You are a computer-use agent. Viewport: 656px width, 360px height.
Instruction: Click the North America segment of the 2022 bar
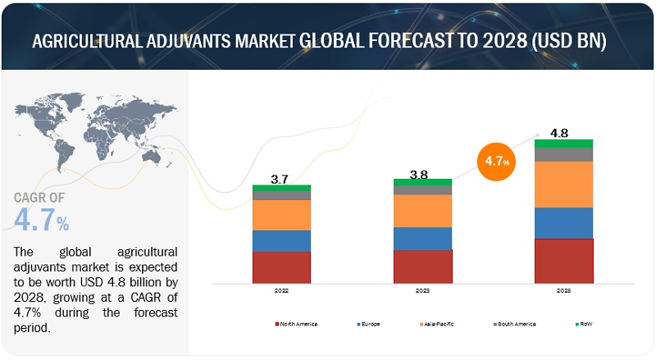(281, 267)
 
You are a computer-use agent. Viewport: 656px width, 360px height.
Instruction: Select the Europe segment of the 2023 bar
(422, 238)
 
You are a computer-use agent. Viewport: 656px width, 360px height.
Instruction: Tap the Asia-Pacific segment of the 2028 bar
(563, 185)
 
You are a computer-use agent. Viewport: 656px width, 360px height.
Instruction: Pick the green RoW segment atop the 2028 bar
(563, 144)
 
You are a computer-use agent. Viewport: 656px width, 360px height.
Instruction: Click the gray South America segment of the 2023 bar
(422, 190)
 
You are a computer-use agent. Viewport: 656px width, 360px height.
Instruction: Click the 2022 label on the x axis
(281, 291)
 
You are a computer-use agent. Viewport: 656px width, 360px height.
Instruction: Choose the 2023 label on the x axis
(422, 291)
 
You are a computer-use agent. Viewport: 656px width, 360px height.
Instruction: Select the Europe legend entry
(368, 324)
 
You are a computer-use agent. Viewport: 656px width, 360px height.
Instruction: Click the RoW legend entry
(583, 324)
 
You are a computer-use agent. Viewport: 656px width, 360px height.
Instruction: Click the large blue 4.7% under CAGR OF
(41, 220)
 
